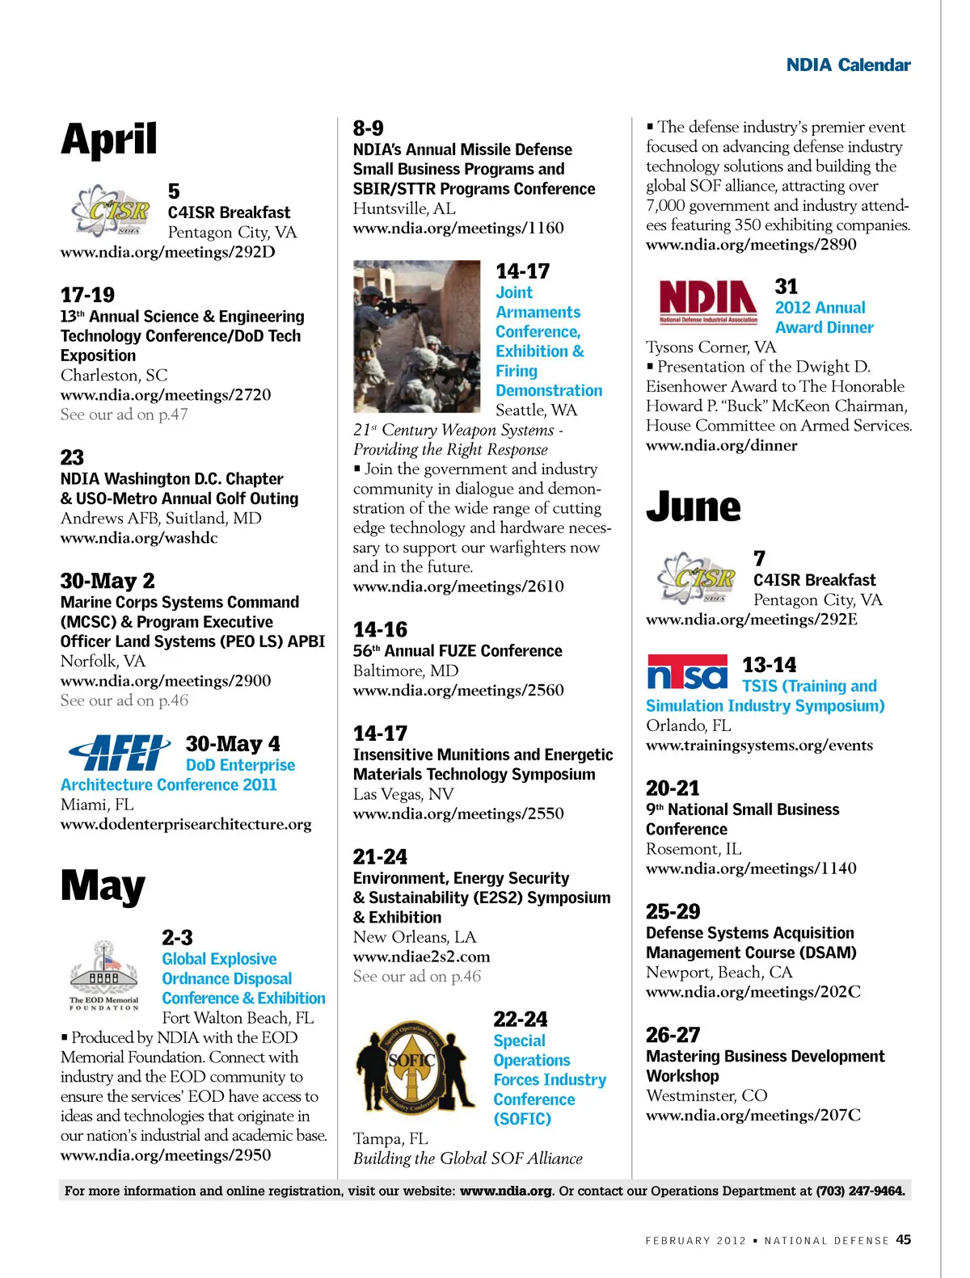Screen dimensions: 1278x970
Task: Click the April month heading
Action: coord(109,140)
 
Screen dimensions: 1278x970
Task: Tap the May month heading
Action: coord(103,886)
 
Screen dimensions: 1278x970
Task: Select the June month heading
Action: coord(693,507)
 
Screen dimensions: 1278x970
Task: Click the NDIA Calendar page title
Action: coord(848,65)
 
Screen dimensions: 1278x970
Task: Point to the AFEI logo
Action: coord(120,753)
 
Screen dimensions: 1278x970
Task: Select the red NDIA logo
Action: coord(708,301)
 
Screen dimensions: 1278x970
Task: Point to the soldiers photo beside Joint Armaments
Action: coord(417,336)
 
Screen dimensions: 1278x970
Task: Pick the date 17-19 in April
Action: coord(87,295)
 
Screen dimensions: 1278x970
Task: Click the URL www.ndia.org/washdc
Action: coord(139,538)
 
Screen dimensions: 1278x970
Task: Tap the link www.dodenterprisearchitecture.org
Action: coord(186,825)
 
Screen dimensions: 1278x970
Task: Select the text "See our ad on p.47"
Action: coord(124,414)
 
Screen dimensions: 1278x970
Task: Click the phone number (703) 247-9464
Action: coord(859,1191)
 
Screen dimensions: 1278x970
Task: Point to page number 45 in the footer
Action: coord(903,1240)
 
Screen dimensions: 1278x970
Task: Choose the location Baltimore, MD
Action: coord(406,671)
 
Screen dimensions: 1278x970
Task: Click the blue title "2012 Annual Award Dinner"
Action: coord(824,317)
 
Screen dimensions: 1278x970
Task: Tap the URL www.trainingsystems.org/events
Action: coord(759,746)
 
